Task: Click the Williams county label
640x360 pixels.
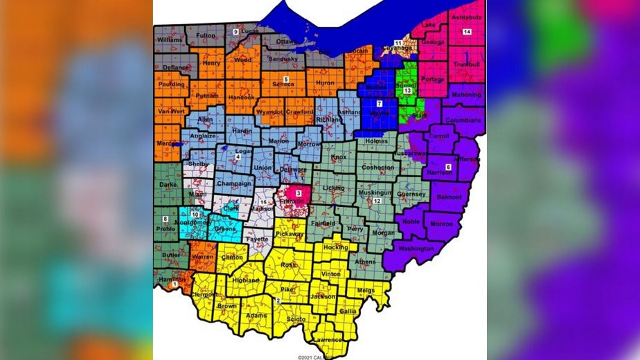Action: pos(170,40)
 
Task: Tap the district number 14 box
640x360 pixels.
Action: pos(467,33)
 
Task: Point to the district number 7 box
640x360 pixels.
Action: pos(379,103)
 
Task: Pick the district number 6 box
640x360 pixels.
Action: pos(448,167)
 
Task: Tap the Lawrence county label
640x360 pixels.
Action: pos(327,340)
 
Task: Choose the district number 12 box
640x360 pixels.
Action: pos(377,201)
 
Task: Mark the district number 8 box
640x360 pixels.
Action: pos(165,219)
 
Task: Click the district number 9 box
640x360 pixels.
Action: pos(235,33)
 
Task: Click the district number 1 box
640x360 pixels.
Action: pos(174,284)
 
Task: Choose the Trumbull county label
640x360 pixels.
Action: pos(466,64)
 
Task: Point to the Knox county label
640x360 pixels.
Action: pos(339,158)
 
